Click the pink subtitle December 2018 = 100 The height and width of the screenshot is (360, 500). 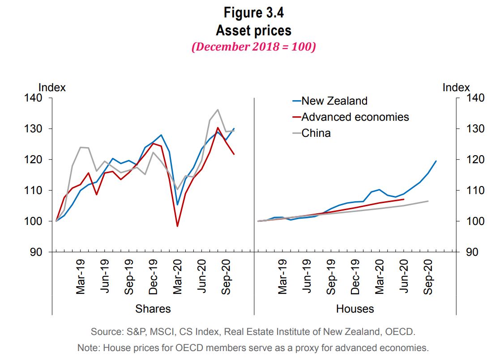(x=253, y=47)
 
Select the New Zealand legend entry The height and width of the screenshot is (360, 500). (x=334, y=101)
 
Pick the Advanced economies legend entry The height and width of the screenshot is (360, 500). (x=355, y=117)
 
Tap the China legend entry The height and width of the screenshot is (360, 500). (x=316, y=133)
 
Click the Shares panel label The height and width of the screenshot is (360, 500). (x=153, y=309)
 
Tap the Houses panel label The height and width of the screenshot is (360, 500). (x=355, y=309)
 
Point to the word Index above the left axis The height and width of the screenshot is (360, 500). (x=52, y=87)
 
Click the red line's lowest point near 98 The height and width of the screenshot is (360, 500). (x=177, y=226)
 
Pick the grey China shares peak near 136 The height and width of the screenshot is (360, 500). (x=218, y=110)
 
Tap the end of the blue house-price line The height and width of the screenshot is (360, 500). (x=436, y=161)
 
